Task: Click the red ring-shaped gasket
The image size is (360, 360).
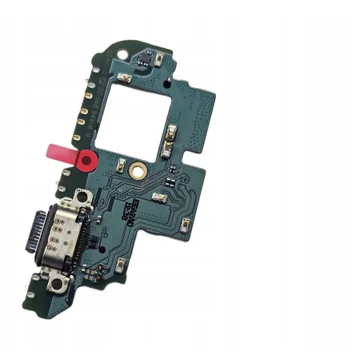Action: click(86, 159)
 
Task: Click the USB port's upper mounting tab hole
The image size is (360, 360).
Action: click(81, 198)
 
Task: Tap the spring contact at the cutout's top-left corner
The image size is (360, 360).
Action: click(124, 77)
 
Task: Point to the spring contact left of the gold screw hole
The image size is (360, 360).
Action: click(121, 166)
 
